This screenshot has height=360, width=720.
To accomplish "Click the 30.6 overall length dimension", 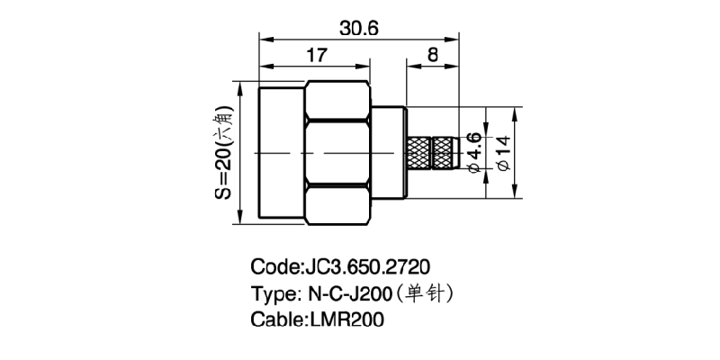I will (358, 28).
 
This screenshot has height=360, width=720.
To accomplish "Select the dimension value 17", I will (315, 56).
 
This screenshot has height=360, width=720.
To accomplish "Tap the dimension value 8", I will (433, 55).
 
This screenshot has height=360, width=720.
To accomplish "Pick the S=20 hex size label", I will (225, 154).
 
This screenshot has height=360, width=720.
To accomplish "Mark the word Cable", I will (276, 319).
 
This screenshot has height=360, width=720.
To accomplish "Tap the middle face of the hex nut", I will (338, 154).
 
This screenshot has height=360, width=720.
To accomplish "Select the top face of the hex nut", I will (338, 101).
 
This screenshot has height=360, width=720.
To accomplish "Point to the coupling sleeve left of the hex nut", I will (282, 154).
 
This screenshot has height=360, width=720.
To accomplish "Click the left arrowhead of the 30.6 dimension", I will (264, 38).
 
